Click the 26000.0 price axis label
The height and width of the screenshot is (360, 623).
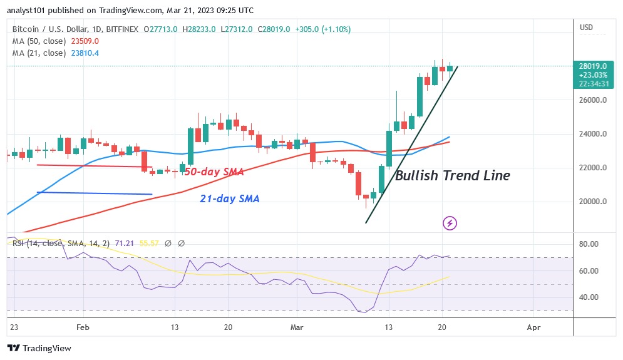(x=592, y=100)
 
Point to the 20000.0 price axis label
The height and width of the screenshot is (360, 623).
(x=592, y=202)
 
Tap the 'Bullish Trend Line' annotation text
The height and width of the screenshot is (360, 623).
(x=452, y=176)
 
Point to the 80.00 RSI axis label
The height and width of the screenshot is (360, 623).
(x=590, y=244)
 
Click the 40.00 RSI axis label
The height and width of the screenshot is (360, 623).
(x=590, y=297)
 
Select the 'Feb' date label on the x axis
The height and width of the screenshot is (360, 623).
(x=82, y=327)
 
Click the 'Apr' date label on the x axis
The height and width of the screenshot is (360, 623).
(x=533, y=327)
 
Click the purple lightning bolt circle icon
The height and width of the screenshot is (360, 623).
(x=449, y=223)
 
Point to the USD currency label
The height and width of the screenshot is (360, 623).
(x=587, y=28)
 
